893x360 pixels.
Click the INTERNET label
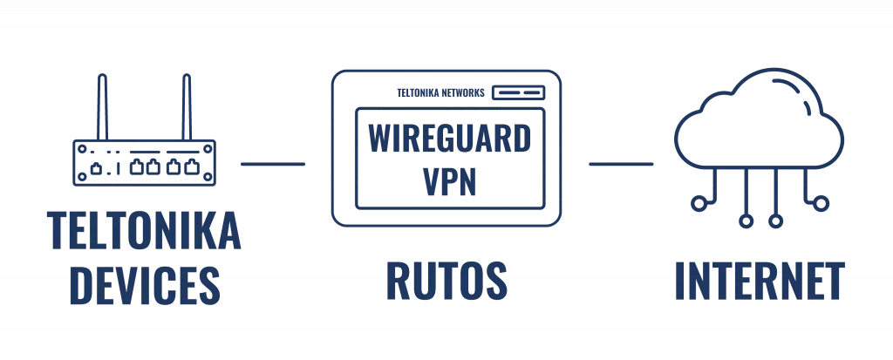(760, 281)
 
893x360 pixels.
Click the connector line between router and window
(272, 164)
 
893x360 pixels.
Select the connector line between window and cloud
(622, 164)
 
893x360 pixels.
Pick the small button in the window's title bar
(518, 92)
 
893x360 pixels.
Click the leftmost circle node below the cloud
(698, 203)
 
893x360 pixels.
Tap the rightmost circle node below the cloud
(820, 203)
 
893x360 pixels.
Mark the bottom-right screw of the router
(208, 177)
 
